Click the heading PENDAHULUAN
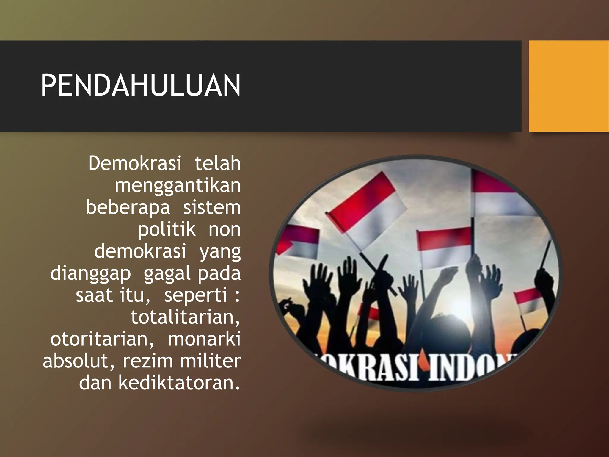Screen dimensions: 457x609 click(140, 86)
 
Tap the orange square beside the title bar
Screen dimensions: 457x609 click(569, 86)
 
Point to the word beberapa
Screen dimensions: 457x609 click(128, 207)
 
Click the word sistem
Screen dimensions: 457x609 click(212, 207)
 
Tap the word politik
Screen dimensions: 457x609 click(167, 229)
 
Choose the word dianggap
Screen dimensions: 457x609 click(90, 273)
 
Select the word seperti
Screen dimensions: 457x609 click(196, 295)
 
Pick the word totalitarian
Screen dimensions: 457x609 click(185, 317)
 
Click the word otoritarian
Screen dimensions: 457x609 click(102, 339)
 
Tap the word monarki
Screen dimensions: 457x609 click(204, 339)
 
